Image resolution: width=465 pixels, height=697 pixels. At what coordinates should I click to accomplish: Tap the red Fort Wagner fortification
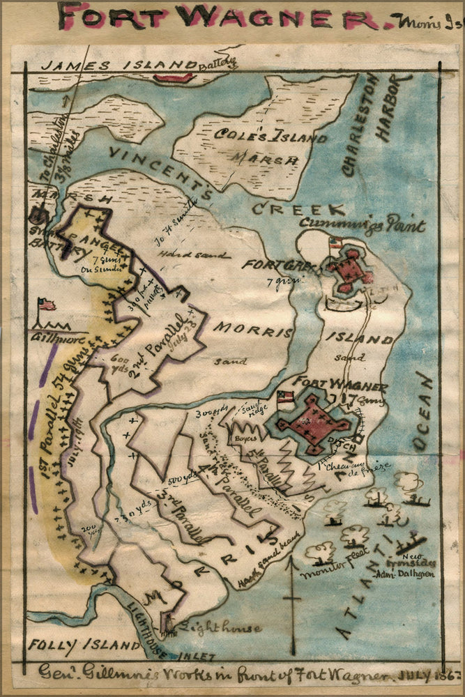click(313, 424)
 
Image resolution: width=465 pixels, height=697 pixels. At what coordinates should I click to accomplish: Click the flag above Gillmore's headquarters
click(47, 305)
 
